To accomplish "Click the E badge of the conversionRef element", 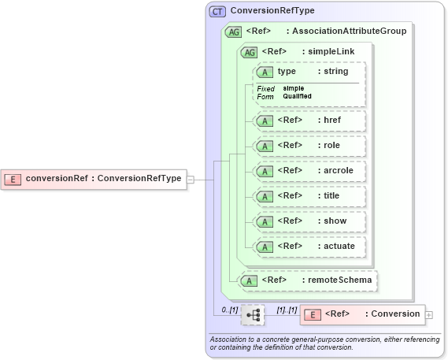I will (x=13, y=179).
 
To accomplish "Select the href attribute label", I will (x=331, y=121).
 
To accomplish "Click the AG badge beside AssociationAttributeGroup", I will (x=234, y=32).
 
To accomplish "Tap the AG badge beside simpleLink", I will (x=250, y=52).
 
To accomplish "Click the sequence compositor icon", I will (x=253, y=314).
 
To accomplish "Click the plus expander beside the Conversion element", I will (x=429, y=314).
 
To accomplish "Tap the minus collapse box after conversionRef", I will (x=191, y=179).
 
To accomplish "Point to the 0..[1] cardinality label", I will (x=229, y=310).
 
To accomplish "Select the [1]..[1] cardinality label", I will (x=286, y=310).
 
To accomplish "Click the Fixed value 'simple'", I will (x=294, y=88).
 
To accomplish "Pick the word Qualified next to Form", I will (x=298, y=96).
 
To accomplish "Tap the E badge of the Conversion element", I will (x=313, y=314).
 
